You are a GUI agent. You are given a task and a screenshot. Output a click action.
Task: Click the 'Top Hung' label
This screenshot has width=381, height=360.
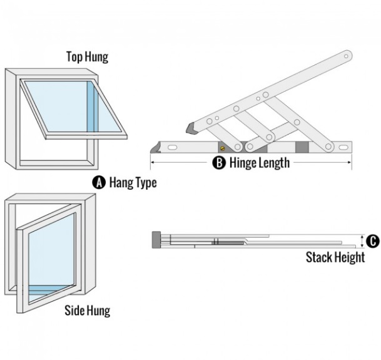(87, 57)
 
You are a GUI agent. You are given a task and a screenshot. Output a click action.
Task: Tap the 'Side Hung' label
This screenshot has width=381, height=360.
(87, 311)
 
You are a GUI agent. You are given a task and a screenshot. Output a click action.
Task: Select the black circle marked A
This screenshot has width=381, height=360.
(99, 183)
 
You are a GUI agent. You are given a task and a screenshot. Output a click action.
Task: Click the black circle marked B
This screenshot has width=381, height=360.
(219, 163)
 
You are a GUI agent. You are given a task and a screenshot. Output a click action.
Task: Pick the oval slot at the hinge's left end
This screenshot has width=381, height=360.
(170, 148)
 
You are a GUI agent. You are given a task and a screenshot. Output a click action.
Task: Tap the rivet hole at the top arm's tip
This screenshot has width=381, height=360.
(345, 57)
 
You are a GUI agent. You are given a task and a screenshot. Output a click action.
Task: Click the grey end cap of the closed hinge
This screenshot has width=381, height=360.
(156, 238)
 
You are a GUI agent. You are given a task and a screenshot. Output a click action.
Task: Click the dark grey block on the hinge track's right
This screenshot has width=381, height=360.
(302, 148)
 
